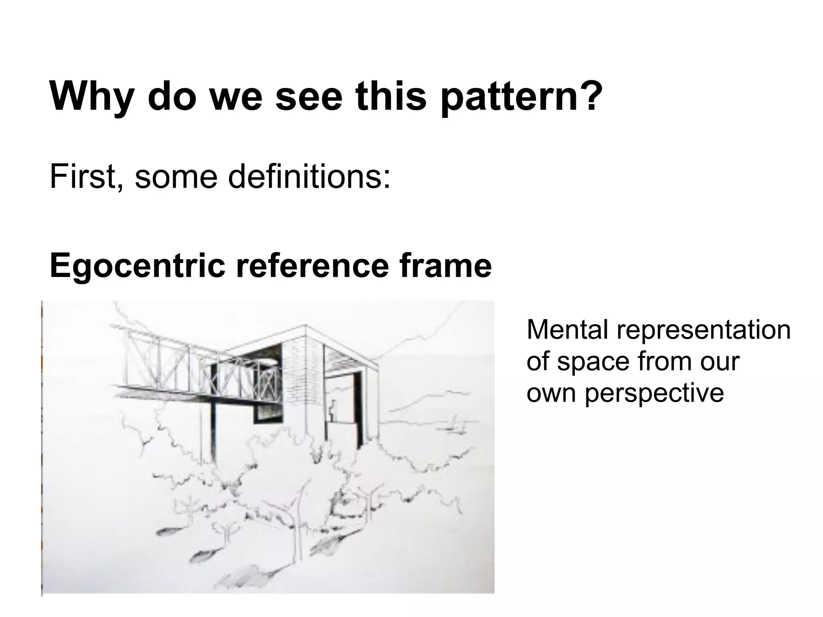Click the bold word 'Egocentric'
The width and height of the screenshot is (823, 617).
[137, 266]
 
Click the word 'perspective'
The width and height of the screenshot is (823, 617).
[654, 392]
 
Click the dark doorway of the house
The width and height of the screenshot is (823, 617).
[357, 406]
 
